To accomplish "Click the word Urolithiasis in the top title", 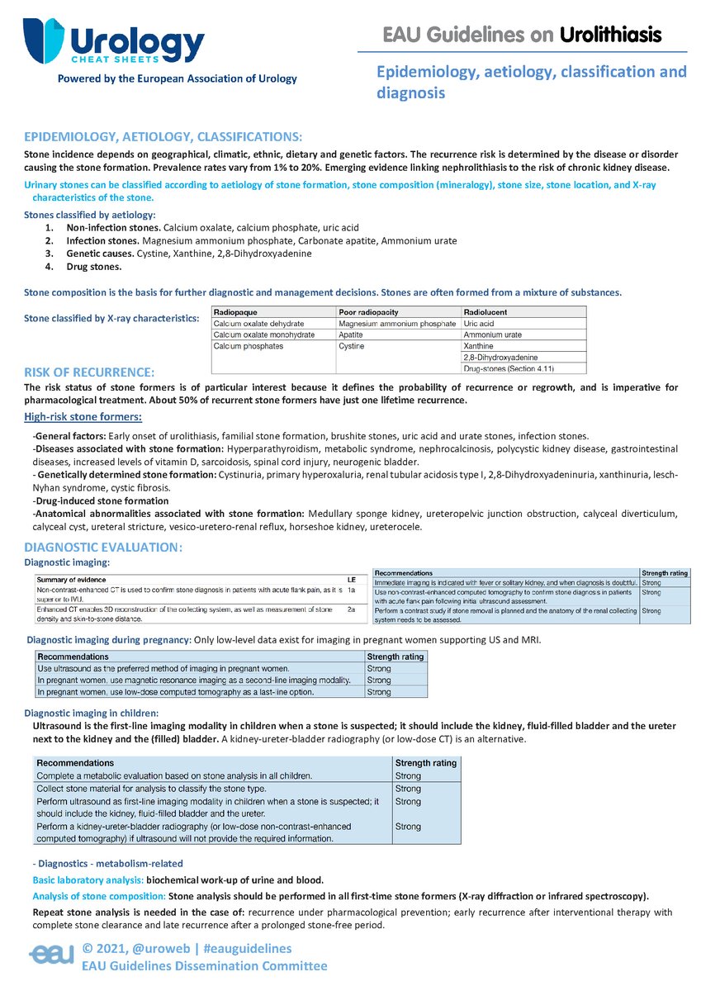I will [610, 35].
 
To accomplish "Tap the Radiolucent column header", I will [485, 312].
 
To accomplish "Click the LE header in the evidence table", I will [351, 579].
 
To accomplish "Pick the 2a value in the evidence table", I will [351, 609].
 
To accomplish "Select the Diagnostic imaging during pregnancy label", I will [109, 639].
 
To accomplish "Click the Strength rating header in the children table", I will [426, 763].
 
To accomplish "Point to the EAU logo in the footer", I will [53, 955].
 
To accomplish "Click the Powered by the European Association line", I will [177, 79].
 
